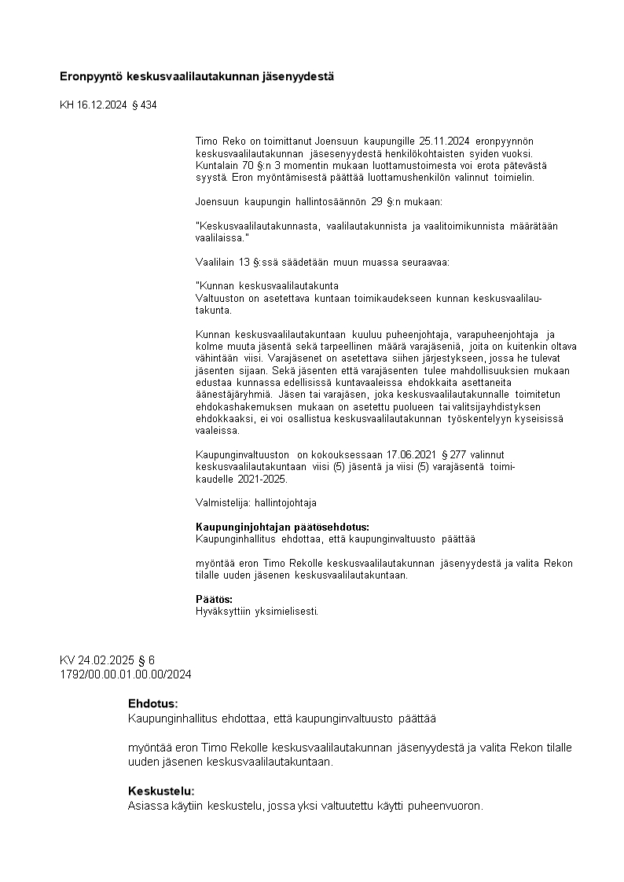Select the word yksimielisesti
click(x=284, y=611)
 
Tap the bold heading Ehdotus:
click(x=152, y=704)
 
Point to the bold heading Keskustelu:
click(x=161, y=791)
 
